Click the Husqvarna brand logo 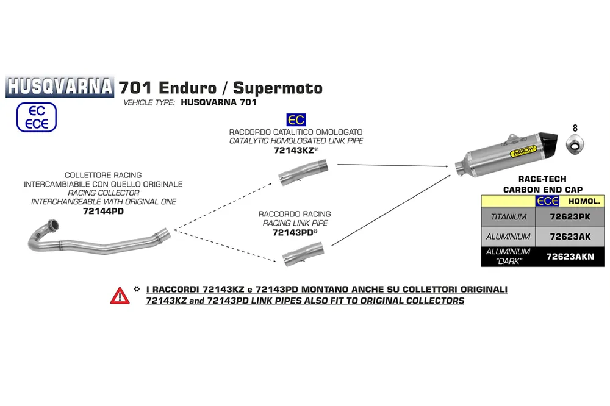(x=60, y=86)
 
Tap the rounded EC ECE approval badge (x=37, y=117)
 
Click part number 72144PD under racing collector (x=103, y=211)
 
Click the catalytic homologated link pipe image (x=303, y=173)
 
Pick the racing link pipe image (x=303, y=254)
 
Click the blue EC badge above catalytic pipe (x=296, y=119)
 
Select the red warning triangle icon (x=120, y=296)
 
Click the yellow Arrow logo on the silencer (x=523, y=151)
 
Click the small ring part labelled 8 (x=575, y=144)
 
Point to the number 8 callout (x=575, y=128)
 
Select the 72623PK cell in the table (x=570, y=217)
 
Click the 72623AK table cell (x=570, y=237)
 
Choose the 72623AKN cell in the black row (x=570, y=257)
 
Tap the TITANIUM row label (x=509, y=217)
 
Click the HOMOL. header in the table (x=584, y=201)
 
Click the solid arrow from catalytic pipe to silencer (x=393, y=165)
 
